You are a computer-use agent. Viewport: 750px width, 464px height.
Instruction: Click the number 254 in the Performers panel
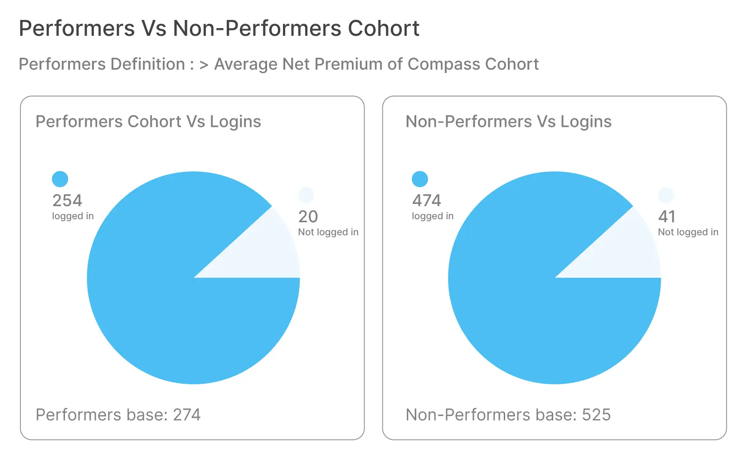tap(67, 201)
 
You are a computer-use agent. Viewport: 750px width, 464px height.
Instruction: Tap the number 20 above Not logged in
tap(308, 217)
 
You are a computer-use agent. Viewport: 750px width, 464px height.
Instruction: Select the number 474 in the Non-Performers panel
tap(427, 201)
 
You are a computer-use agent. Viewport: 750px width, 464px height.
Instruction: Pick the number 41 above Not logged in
tap(667, 217)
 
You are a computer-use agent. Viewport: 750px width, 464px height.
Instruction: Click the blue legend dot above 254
tap(60, 179)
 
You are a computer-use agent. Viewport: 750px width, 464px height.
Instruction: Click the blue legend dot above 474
tap(420, 179)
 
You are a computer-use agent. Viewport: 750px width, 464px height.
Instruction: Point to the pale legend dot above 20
tap(306, 195)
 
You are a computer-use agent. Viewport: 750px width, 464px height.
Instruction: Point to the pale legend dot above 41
tap(666, 195)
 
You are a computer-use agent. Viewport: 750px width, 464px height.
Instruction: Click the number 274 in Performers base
tap(187, 415)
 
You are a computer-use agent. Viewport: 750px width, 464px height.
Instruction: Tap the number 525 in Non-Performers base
tap(596, 415)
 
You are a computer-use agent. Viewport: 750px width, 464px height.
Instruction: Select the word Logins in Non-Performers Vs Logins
tap(586, 122)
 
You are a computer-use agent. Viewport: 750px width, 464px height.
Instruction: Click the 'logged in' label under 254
tap(73, 216)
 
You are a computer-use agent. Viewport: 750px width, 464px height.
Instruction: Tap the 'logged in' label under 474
tap(433, 216)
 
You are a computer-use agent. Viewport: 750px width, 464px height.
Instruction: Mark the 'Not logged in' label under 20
tap(328, 232)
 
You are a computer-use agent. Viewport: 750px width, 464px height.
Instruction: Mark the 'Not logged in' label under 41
tap(688, 232)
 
